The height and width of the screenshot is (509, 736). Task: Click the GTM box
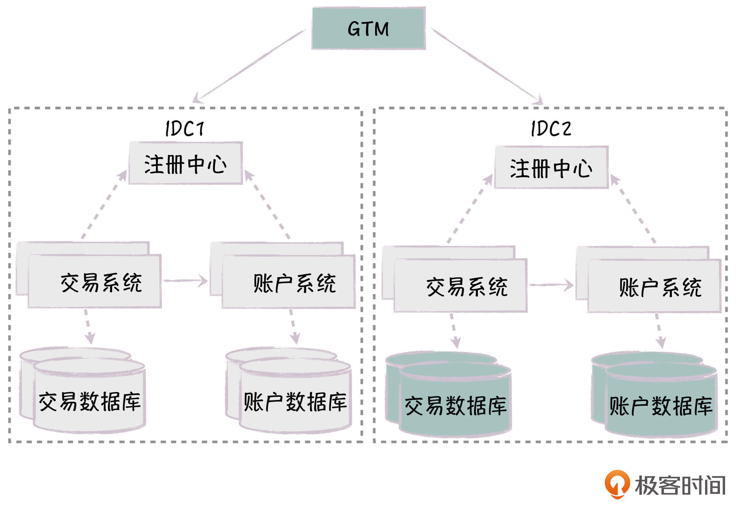[368, 28]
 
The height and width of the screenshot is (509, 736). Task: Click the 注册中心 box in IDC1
[186, 163]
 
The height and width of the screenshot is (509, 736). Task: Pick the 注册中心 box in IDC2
[551, 167]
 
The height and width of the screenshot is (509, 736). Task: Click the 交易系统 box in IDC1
[95, 282]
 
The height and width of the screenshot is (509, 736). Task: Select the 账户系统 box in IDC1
[289, 282]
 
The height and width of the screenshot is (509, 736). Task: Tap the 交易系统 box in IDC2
[460, 286]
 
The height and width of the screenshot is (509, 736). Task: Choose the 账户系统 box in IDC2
[654, 286]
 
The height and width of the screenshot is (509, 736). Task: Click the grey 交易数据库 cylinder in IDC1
[90, 399]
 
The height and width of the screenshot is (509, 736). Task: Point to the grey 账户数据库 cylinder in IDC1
[295, 399]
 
